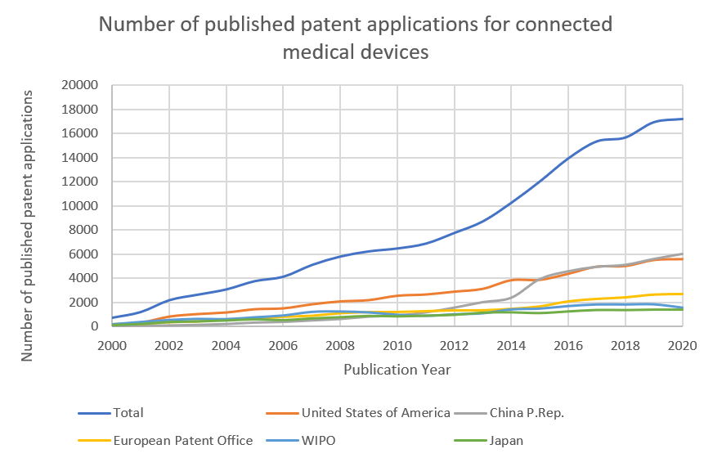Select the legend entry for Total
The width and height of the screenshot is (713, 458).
point(129,413)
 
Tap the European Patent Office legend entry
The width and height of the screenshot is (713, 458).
point(183,441)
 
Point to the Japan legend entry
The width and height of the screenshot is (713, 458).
point(506,441)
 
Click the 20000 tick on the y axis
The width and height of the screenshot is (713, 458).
point(80,85)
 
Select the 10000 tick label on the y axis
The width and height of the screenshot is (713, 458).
point(80,206)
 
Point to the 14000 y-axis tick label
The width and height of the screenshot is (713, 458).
point(80,158)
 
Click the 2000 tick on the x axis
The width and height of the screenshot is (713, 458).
point(113,344)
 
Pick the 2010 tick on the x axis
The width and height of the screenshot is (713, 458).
point(397,344)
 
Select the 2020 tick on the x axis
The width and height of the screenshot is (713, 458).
point(682,344)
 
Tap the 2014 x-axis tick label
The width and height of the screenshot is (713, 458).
point(511,344)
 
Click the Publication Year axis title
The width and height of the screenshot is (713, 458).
point(397,369)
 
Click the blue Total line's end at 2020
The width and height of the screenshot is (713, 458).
point(682,119)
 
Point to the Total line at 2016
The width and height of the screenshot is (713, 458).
point(568,158)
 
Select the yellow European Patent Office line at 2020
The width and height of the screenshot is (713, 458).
point(682,294)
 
